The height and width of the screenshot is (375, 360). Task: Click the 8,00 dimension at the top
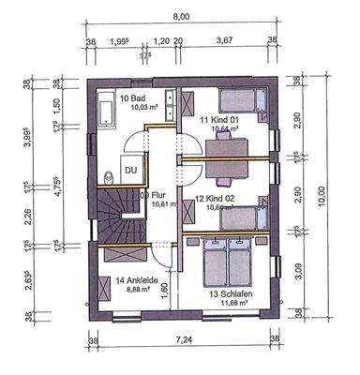[x=181, y=16]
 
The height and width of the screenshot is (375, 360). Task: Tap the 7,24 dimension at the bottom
[x=181, y=360]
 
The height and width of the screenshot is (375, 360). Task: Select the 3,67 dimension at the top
[x=224, y=41]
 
